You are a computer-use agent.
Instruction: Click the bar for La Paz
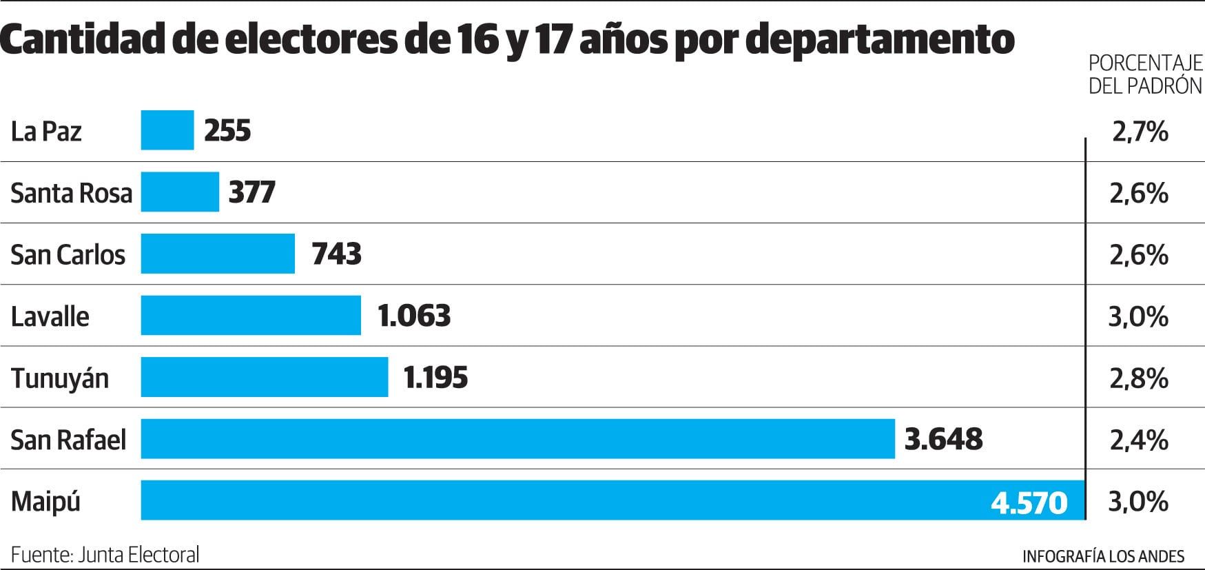point(167,130)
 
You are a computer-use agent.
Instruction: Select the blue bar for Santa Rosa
point(180,192)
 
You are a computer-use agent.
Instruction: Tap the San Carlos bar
point(218,254)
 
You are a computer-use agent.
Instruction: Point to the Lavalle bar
point(251,316)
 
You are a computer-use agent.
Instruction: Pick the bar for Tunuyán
point(265,377)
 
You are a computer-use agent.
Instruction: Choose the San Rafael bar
point(517,439)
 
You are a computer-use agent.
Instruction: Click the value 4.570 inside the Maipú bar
point(1029,502)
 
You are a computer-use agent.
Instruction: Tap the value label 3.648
point(943,439)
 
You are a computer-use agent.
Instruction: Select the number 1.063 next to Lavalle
point(414,316)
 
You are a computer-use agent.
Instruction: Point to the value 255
point(227,130)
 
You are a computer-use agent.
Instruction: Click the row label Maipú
point(45,502)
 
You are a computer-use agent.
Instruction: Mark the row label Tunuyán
point(60,378)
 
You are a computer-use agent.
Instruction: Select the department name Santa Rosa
point(71,193)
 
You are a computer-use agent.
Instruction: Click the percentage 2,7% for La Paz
point(1140,131)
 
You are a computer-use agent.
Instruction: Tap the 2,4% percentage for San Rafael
point(1139,439)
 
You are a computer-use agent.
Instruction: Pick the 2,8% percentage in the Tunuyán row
point(1139,378)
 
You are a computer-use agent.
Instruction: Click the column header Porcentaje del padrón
point(1145,74)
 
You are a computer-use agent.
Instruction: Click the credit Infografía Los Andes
point(1103,556)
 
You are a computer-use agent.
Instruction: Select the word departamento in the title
point(880,40)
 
